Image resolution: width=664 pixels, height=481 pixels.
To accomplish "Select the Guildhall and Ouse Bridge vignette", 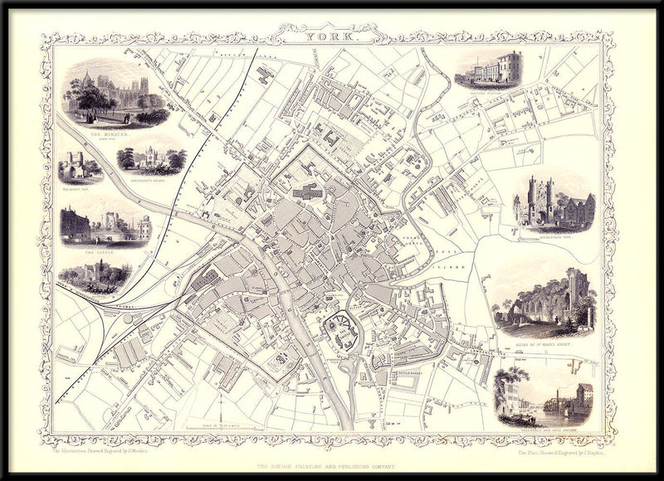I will pyautogui.click(x=544, y=396).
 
